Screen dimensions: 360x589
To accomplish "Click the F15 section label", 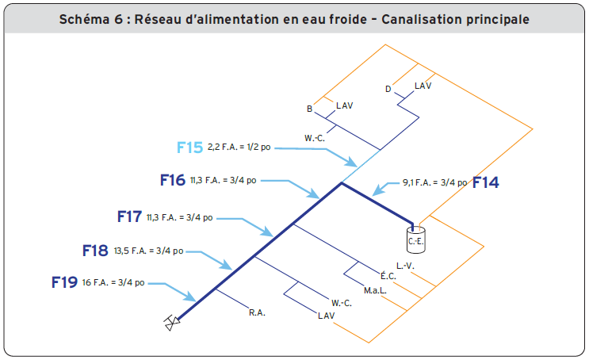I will point(189,147).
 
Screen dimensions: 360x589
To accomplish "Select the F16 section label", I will point(172,181).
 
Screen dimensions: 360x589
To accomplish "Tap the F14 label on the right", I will point(485,182).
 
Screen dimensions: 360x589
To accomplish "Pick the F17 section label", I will point(128,216).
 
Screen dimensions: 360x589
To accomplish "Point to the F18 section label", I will point(95,251).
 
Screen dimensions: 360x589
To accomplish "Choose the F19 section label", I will point(64,282).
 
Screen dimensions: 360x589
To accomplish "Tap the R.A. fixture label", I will point(257,312).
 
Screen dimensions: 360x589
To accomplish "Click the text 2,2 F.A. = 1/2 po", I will point(238,148).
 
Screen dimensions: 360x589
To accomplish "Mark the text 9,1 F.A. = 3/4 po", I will point(434,182).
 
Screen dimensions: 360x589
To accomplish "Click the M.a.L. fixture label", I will point(375,289).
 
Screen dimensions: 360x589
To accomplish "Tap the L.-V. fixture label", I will point(405,266).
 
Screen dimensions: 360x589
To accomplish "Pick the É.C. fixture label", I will point(388,276).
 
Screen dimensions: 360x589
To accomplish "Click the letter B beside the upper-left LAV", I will point(310,109).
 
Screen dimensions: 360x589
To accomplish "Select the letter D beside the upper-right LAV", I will point(388,89).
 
